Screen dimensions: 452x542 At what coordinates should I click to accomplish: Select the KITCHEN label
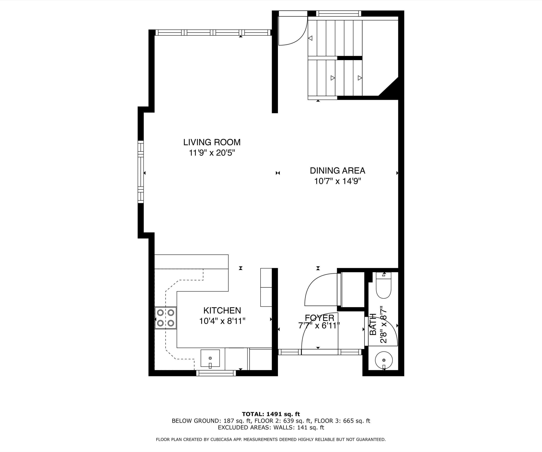[222, 310]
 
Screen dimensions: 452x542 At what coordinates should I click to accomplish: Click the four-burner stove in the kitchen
[165, 318]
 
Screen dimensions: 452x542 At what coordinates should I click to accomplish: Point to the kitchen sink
[210, 358]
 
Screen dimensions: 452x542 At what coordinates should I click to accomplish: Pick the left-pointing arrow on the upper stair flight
[310, 38]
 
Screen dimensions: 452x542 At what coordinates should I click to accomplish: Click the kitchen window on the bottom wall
[216, 373]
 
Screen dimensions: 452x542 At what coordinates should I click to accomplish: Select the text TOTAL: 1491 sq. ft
[271, 414]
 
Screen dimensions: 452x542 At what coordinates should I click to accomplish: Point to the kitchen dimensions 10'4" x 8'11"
[222, 321]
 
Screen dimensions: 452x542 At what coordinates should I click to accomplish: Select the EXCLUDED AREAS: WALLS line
[271, 427]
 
